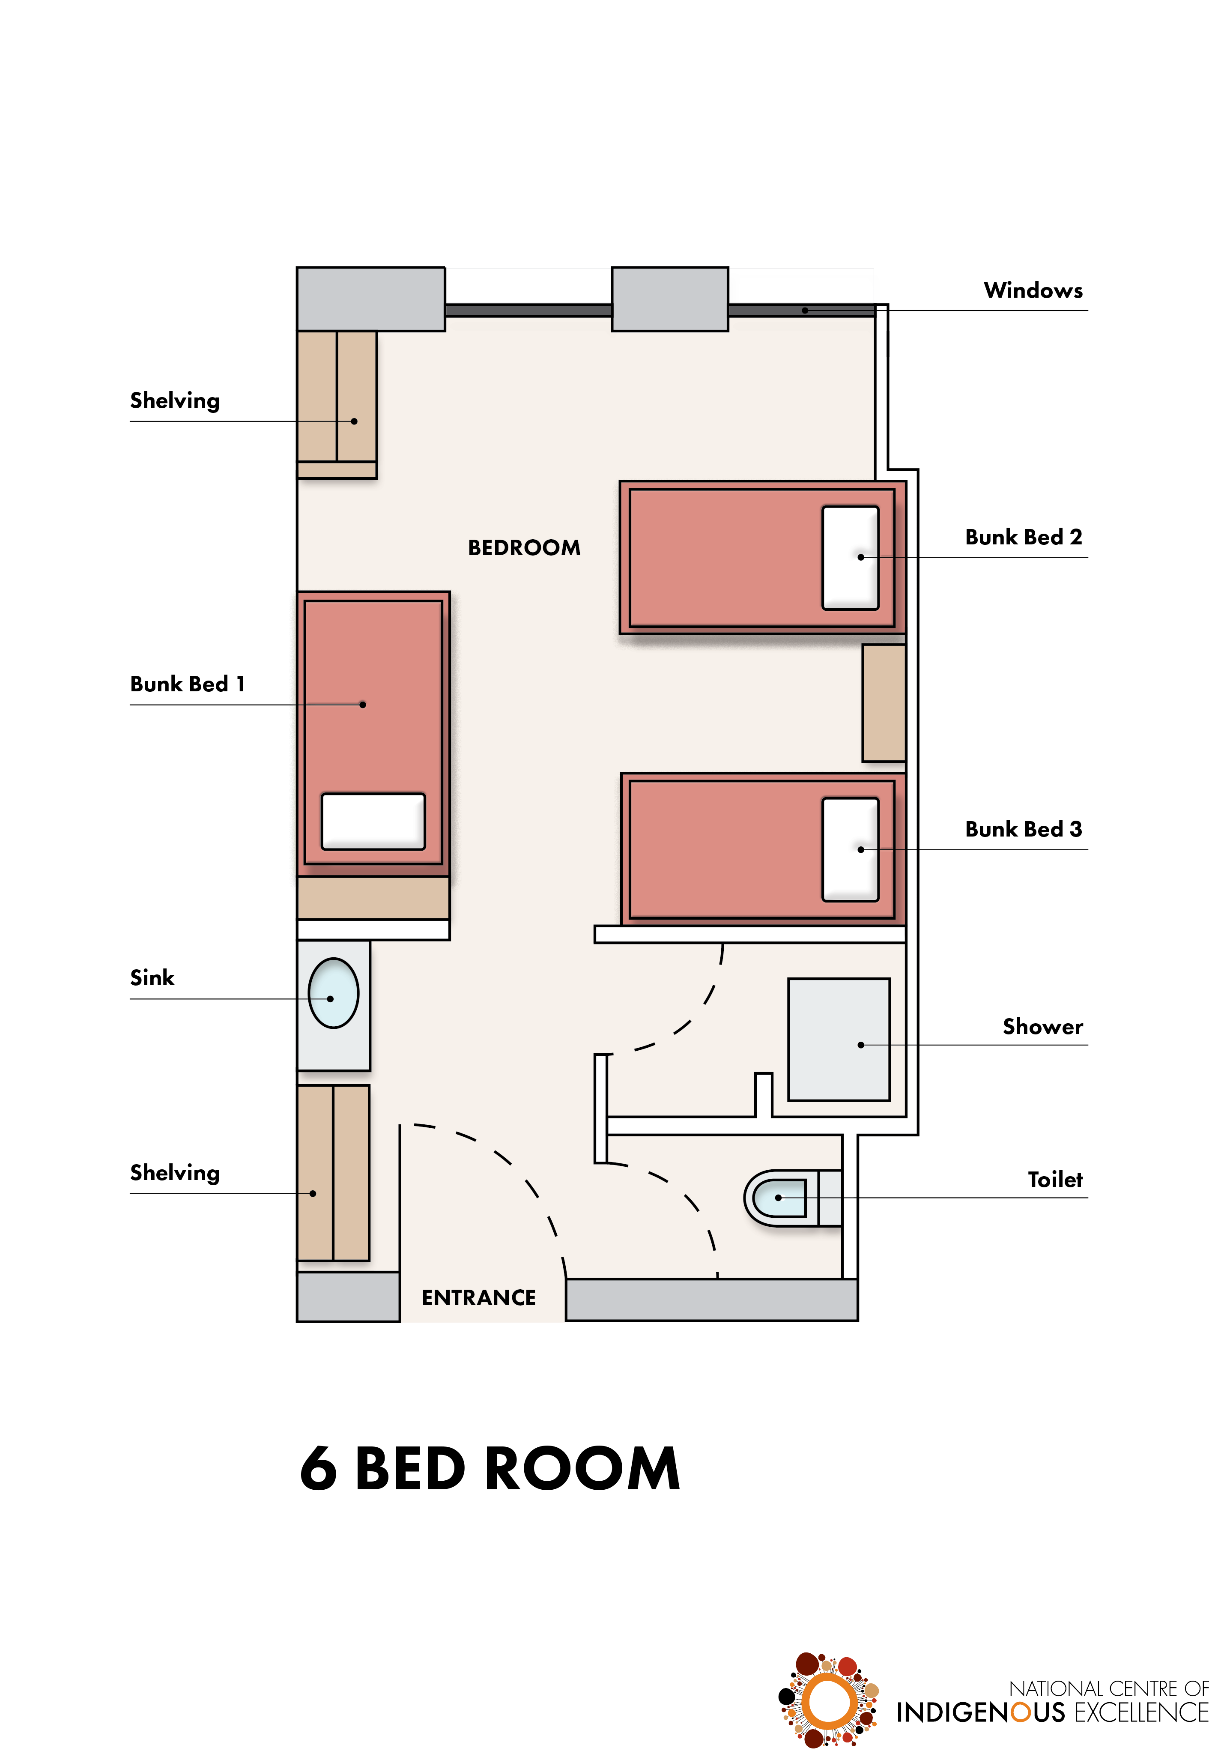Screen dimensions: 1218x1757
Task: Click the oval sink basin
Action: (334, 993)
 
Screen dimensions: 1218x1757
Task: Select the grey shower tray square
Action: (839, 1040)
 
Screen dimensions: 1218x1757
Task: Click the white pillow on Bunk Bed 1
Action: (373, 821)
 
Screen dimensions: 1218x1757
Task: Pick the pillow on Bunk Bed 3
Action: (850, 849)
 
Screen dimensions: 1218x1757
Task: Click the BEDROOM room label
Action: (524, 548)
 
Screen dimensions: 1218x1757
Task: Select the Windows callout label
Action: (1033, 291)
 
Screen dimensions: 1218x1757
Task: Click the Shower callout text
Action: (1042, 1027)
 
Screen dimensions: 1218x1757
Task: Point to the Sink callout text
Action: (152, 978)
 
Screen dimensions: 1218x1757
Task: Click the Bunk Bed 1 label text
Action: (188, 684)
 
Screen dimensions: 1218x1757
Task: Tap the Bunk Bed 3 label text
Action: (1024, 829)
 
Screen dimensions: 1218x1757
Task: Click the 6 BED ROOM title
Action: (490, 1469)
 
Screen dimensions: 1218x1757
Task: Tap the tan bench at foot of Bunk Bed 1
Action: (373, 898)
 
